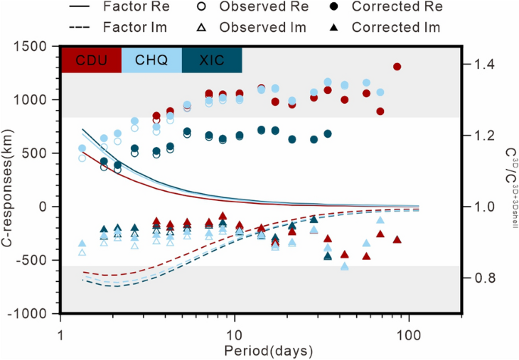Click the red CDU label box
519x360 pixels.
91,60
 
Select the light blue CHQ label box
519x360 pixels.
151,60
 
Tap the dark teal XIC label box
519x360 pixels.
211,60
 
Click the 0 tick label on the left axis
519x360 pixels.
49,207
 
